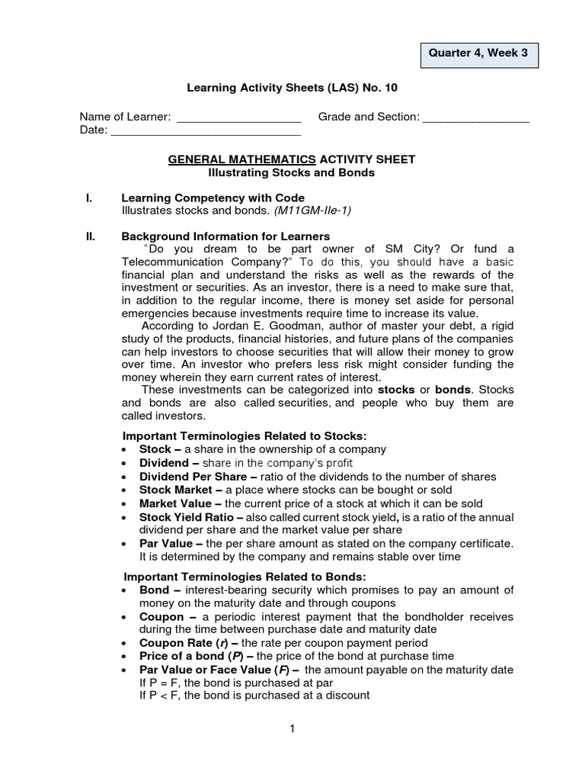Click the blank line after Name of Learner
coord(238,118)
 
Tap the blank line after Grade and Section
coord(475,118)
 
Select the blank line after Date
coord(206,132)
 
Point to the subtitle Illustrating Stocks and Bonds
coord(292,172)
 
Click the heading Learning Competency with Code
coord(213,198)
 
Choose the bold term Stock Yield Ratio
coord(187,517)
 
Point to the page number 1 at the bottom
coord(292,729)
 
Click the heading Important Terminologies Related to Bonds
coord(245,576)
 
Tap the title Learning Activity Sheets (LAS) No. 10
coord(292,88)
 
